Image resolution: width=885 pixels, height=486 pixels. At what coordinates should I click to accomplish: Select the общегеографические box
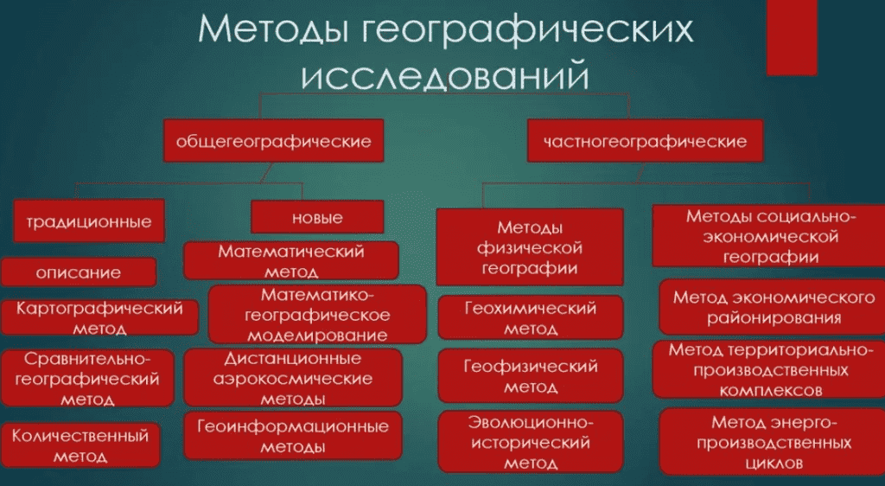(274, 141)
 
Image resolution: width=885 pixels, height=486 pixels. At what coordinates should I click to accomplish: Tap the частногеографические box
(645, 141)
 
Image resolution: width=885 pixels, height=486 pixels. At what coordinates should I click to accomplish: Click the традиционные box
(89, 221)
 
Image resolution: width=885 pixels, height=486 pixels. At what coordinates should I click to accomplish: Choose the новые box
(317, 217)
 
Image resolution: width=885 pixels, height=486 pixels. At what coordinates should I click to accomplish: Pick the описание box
(79, 272)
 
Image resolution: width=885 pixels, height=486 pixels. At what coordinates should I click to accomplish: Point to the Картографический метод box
(100, 317)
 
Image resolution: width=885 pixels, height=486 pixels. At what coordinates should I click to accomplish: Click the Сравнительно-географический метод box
(87, 378)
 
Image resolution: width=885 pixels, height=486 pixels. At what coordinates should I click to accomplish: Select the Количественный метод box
(80, 445)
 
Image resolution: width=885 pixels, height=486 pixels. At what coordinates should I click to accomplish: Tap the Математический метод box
(291, 260)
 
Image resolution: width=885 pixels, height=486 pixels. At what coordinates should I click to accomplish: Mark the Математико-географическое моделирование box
(317, 315)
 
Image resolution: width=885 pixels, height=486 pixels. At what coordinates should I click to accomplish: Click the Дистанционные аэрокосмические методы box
(293, 378)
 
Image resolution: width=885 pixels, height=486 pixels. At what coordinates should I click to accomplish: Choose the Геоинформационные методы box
(293, 435)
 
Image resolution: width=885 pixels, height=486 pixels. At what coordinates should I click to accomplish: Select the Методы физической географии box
(530, 247)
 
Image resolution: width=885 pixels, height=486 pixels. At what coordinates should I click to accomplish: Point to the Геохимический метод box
(531, 317)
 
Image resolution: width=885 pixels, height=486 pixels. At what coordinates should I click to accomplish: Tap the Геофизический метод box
(531, 375)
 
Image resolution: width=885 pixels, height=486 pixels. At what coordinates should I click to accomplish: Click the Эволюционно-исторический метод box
(531, 441)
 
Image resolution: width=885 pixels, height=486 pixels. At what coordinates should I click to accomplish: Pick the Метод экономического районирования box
(772, 306)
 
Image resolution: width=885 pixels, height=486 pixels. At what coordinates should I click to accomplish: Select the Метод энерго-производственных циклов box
(772, 441)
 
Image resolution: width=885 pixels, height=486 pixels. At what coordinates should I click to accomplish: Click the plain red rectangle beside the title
(792, 38)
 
